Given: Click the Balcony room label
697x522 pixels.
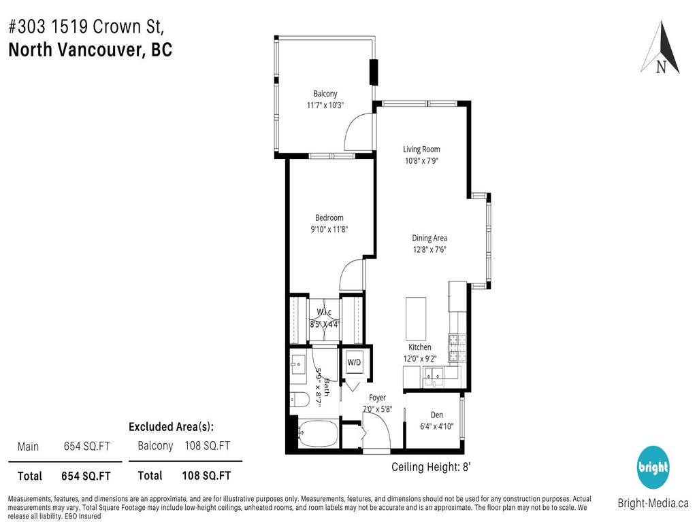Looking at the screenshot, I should [325, 94].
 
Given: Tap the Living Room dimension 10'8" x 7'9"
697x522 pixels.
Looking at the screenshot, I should [421, 162].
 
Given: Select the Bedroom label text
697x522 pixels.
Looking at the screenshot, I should [329, 217].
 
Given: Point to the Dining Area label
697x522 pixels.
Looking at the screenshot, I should [429, 238].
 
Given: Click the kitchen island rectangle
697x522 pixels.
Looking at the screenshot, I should [416, 318].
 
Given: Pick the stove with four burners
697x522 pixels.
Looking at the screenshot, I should [456, 348].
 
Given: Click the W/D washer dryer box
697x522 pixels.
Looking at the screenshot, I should [355, 363].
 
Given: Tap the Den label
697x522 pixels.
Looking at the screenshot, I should [437, 415].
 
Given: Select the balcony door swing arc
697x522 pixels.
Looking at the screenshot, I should [358, 132].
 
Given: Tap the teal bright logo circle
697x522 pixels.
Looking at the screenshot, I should [653, 468].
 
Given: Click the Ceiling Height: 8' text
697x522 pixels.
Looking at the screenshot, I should [431, 467].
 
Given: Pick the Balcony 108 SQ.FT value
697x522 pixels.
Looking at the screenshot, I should [207, 446].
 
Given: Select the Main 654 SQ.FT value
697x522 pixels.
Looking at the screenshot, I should [86, 447].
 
